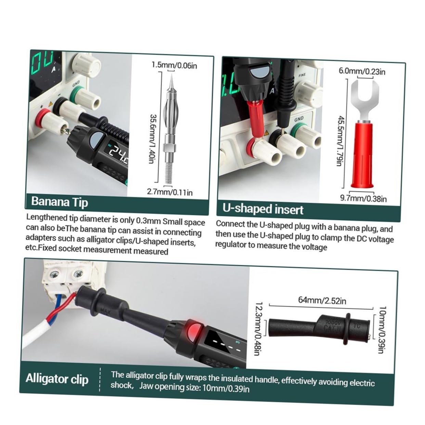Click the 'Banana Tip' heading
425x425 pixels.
[x=60, y=202]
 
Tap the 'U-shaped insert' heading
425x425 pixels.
[x=262, y=209]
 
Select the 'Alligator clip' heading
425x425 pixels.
[x=57, y=379]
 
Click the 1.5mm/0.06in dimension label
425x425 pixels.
[x=175, y=65]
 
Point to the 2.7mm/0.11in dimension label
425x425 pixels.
[x=170, y=192]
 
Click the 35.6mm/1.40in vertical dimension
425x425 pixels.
[x=153, y=139]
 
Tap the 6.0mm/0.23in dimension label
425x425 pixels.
[x=362, y=72]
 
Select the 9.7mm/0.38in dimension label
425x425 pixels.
[x=363, y=198]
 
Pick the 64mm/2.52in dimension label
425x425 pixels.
[x=322, y=300]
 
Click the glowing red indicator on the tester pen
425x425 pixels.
[x=194, y=330]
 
